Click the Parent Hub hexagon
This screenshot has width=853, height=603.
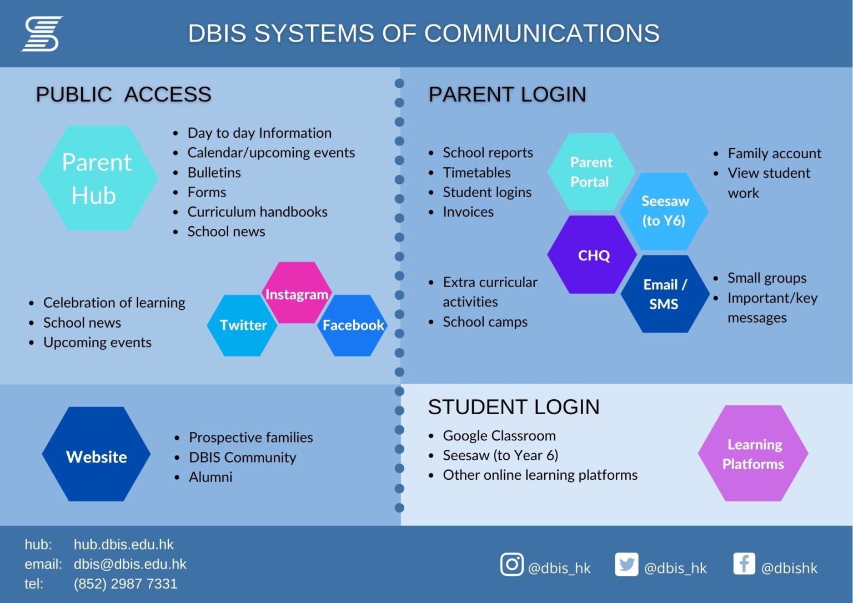[98, 178]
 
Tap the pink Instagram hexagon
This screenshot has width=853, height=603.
[297, 293]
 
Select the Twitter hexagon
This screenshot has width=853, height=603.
[243, 325]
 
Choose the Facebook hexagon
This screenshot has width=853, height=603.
[353, 325]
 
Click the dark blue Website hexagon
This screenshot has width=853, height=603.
[97, 455]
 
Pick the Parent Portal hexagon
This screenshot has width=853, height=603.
[590, 172]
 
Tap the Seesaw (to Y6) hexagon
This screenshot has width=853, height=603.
[664, 211]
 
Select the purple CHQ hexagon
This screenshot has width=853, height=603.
[593, 255]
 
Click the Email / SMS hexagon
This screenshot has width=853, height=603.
[664, 294]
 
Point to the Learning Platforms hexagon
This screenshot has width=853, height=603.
[752, 454]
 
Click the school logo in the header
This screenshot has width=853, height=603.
[42, 34]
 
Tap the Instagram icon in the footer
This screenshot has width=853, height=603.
[511, 565]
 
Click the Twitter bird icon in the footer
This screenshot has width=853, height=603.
[626, 565]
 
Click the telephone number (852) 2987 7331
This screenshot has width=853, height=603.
[126, 584]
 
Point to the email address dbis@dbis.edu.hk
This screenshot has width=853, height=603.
[130, 564]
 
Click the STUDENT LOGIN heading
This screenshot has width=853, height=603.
[514, 407]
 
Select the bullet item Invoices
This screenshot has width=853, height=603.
[468, 212]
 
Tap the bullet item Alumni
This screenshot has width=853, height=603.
[210, 477]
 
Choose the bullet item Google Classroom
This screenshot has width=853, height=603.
[499, 436]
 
